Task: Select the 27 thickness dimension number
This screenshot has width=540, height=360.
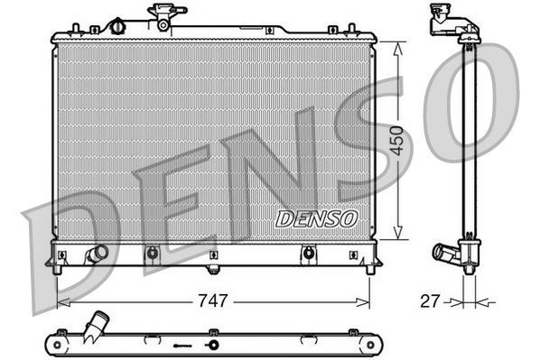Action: [x=430, y=300]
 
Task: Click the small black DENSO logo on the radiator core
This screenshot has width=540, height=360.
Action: [x=316, y=218]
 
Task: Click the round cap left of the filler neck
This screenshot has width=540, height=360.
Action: [x=116, y=26]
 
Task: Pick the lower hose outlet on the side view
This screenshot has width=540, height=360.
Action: [x=447, y=254]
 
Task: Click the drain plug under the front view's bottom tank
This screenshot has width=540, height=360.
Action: [x=213, y=268]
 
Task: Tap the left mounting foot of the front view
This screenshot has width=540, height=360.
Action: [x=58, y=267]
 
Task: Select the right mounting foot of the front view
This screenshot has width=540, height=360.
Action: [x=369, y=267]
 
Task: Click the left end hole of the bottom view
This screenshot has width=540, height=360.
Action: [x=57, y=344]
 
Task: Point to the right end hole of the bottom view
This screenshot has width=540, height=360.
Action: [x=368, y=344]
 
